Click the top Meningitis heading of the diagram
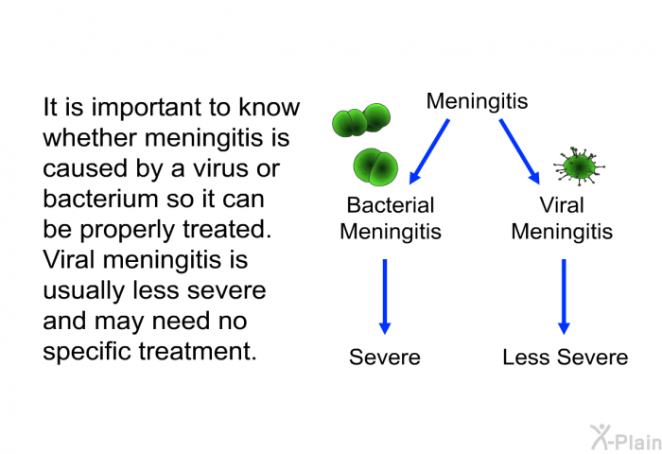tap(477, 102)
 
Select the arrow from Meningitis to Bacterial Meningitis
tap(429, 151)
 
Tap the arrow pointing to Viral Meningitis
tap(520, 151)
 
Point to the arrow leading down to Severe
tap(385, 297)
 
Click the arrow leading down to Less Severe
tap(564, 297)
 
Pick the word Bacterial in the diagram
tap(391, 205)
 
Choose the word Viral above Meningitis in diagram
tap(562, 205)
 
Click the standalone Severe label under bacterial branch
tap(385, 358)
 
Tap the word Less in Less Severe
tap(527, 358)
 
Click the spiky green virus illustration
tap(579, 166)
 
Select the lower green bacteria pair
tap(375, 166)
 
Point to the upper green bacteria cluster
tap(361, 120)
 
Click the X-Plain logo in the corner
tap(626, 437)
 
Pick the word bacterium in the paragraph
tap(101, 199)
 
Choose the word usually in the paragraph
tap(84, 291)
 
